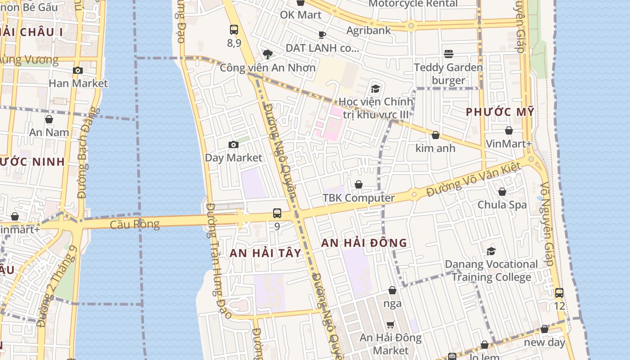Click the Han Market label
[x=78, y=83]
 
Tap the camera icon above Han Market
[x=78, y=70]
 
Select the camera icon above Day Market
[x=233, y=144]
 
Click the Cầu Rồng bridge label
[x=135, y=224]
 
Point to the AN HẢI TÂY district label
[x=265, y=253]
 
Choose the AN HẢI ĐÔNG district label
[x=364, y=243]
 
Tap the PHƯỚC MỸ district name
[x=499, y=112]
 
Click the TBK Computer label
[x=359, y=198]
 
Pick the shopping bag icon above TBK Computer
[x=359, y=184]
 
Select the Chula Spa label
[x=502, y=205]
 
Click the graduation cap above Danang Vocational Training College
[x=491, y=251]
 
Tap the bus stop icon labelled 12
[x=559, y=292]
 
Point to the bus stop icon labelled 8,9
[x=234, y=30]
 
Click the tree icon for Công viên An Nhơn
[x=268, y=54]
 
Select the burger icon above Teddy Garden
[x=448, y=54]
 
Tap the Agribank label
[x=369, y=31]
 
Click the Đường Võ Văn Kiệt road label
[x=473, y=180]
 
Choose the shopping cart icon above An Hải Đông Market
[x=391, y=324]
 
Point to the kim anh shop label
[x=435, y=148]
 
